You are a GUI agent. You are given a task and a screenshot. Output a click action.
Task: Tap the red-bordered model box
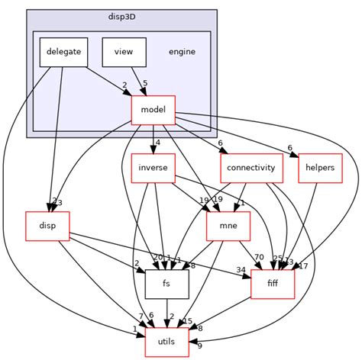coord(154,111)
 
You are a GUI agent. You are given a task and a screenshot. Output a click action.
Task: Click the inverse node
coord(153,167)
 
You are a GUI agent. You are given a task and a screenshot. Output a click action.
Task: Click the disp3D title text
coord(122,16)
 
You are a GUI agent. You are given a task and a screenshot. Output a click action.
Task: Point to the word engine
coord(181,52)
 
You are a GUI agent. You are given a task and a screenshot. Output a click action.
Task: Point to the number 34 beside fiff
coord(241,270)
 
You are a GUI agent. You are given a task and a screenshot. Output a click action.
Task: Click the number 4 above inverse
coord(157,142)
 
